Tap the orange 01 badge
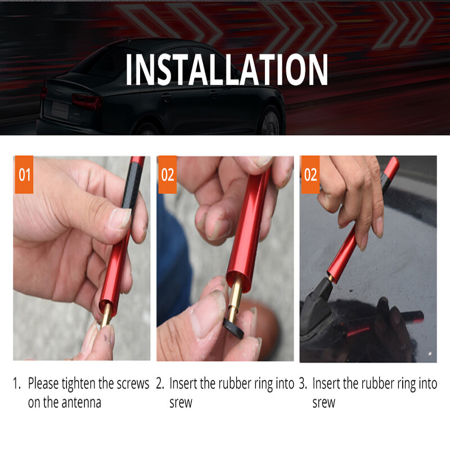click(x=24, y=174)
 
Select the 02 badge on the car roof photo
click(x=310, y=174)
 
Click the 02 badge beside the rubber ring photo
click(x=167, y=174)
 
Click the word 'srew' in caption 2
click(x=181, y=403)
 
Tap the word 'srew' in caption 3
click(x=323, y=403)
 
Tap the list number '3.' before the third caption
click(x=303, y=384)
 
